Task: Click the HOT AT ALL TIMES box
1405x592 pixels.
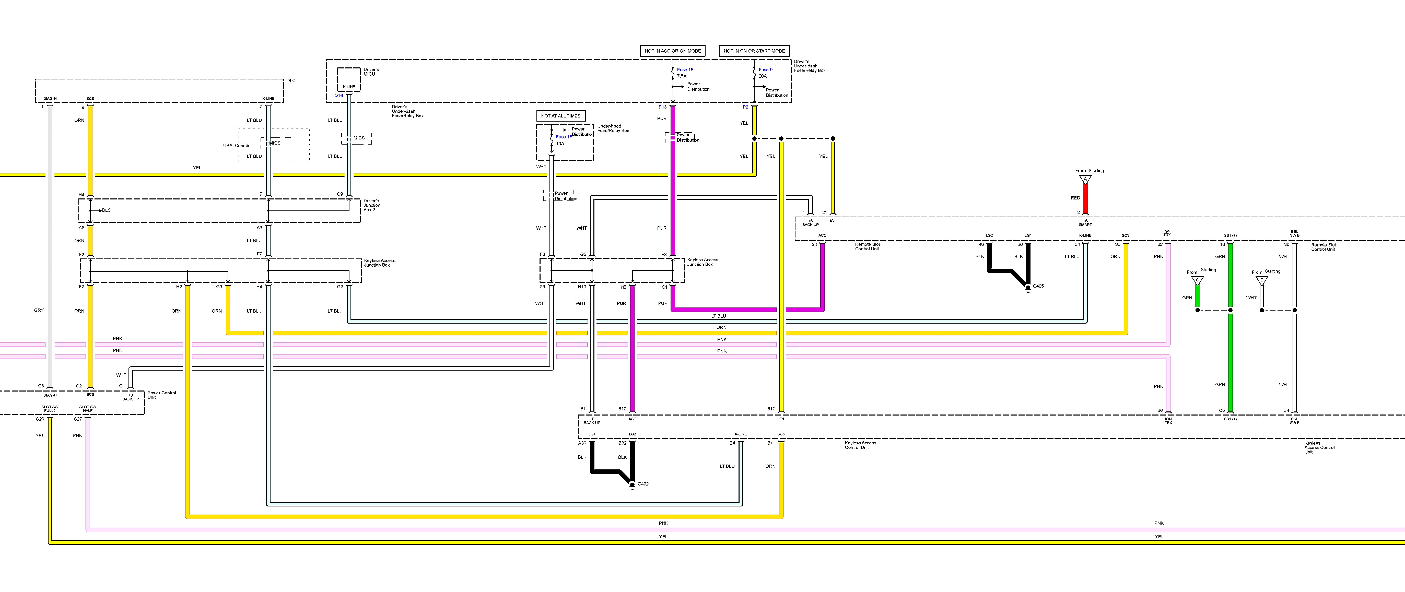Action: coord(561,116)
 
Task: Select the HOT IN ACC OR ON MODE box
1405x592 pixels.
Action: coord(673,51)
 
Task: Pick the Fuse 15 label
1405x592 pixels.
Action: coord(564,137)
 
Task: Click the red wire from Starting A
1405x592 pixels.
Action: coord(1085,199)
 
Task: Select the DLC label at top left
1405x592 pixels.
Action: coord(291,81)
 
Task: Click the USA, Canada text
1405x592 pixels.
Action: coord(237,146)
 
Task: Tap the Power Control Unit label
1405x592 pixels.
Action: coord(161,395)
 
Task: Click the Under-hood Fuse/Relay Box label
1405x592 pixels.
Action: coord(613,128)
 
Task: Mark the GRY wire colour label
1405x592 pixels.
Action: coord(39,310)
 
